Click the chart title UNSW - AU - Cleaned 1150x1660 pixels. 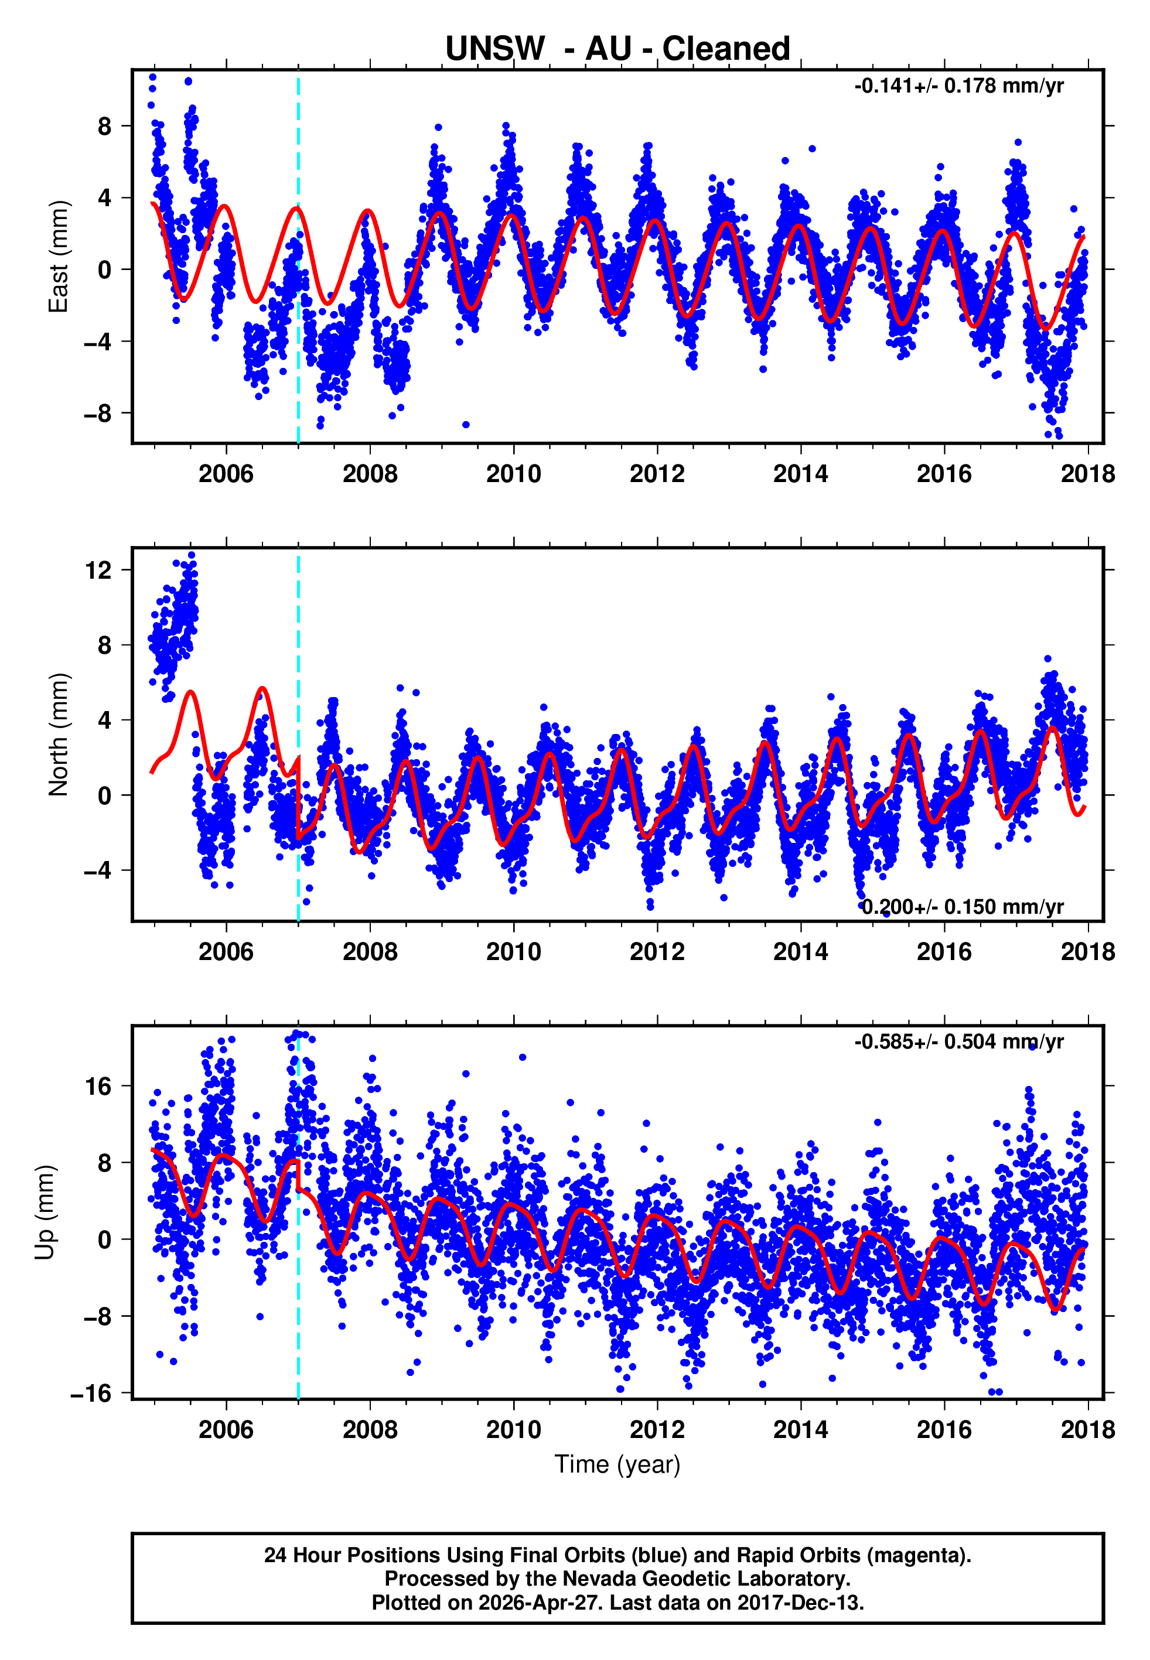click(x=617, y=49)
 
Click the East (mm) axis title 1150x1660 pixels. click(x=59, y=257)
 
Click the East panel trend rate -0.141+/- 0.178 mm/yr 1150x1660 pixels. click(x=958, y=87)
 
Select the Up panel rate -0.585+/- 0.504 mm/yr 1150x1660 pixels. click(x=958, y=1042)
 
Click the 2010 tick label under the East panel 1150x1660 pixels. click(x=513, y=474)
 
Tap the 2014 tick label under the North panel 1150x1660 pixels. click(x=800, y=952)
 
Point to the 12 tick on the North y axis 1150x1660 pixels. click(x=99, y=571)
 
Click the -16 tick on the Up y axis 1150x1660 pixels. click(x=91, y=1393)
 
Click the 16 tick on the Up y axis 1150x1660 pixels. click(x=99, y=1087)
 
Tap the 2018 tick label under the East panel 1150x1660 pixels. click(x=1087, y=474)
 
